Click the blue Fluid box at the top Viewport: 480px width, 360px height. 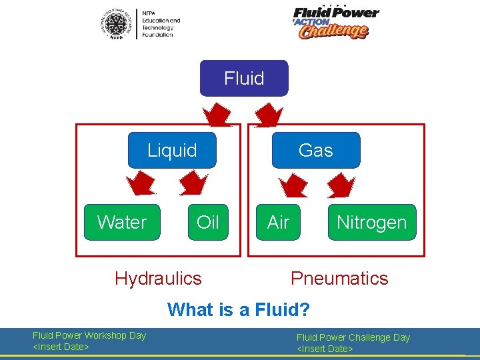click(x=244, y=78)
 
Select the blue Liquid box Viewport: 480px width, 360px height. click(x=171, y=150)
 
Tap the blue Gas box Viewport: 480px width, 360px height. click(x=315, y=150)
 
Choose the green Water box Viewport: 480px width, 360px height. click(x=122, y=222)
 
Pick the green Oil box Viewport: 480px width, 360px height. click(x=207, y=222)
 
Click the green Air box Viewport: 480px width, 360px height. click(x=278, y=222)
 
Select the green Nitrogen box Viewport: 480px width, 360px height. click(x=371, y=222)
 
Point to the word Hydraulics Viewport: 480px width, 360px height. click(x=158, y=278)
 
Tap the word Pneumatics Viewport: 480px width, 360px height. click(x=339, y=278)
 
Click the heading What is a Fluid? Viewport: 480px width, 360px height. click(x=239, y=309)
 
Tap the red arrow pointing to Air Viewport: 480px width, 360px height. click(x=291, y=185)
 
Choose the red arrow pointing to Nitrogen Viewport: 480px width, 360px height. click(x=342, y=185)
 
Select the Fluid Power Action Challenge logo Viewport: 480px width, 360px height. click(x=335, y=22)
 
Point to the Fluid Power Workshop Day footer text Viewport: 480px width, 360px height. click(x=89, y=341)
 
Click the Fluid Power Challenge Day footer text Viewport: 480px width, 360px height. click(x=353, y=343)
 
